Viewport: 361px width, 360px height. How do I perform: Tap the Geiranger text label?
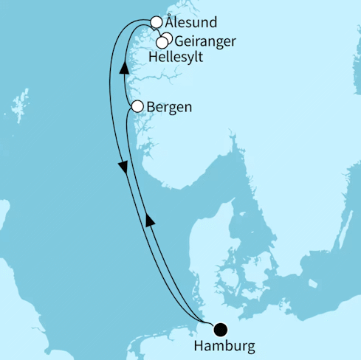(206, 41)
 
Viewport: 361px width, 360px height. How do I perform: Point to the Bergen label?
(171, 107)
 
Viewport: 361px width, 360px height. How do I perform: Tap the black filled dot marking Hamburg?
(221, 330)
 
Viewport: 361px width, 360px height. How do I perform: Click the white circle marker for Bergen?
(137, 107)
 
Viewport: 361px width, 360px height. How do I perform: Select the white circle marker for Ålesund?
(157, 23)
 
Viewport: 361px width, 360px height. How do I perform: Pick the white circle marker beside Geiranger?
(168, 38)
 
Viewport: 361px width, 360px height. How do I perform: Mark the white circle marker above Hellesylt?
(162, 42)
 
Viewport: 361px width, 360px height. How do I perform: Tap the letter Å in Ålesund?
(171, 23)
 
